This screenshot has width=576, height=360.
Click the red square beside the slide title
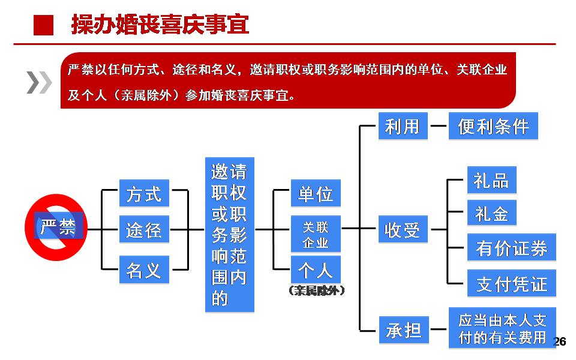[x=43, y=25]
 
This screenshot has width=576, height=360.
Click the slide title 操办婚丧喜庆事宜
[x=160, y=25]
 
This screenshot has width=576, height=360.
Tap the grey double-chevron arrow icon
[x=39, y=82]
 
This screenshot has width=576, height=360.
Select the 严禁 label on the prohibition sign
[x=58, y=228]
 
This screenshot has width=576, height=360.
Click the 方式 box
[x=144, y=194]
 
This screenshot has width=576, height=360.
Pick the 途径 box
[x=144, y=230]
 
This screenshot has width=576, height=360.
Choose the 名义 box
[x=144, y=270]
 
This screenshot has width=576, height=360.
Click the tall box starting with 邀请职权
[x=229, y=235]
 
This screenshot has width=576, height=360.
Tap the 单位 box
[x=315, y=194]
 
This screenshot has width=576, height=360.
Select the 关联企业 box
[x=315, y=235]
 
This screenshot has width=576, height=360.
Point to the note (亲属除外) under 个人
[x=316, y=291]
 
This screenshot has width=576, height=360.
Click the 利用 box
[x=403, y=127]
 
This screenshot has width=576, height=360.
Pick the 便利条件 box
[x=493, y=127]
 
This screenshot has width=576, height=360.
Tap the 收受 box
[x=403, y=230]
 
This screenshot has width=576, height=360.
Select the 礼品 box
[x=491, y=181]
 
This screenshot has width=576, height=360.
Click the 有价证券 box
[x=511, y=248]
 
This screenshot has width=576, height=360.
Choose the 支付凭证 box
[x=511, y=284]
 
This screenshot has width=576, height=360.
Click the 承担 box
[x=403, y=329]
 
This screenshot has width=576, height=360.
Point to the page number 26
[x=559, y=342]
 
